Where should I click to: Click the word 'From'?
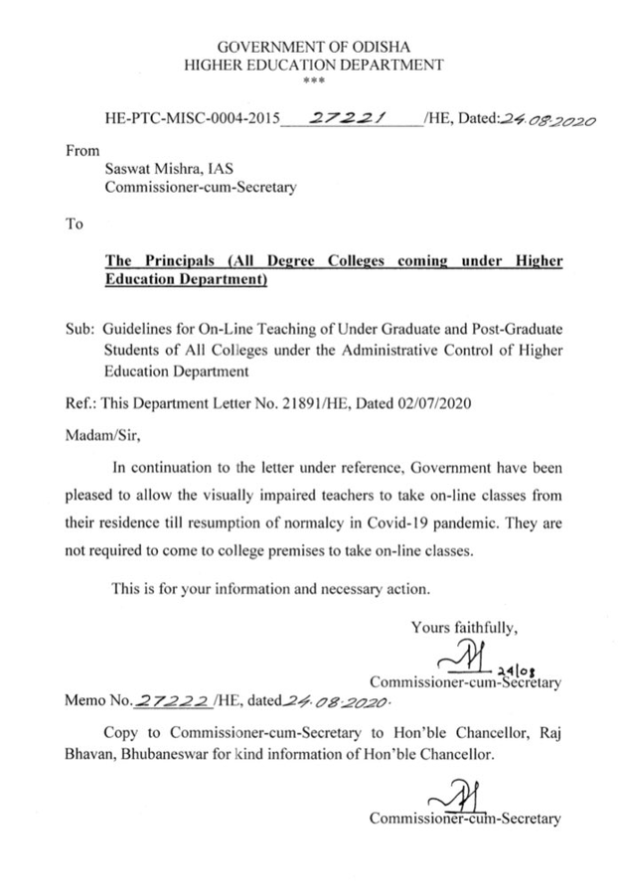82,151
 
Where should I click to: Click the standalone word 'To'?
75,223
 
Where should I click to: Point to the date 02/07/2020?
426,405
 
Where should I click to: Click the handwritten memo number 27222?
170,700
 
